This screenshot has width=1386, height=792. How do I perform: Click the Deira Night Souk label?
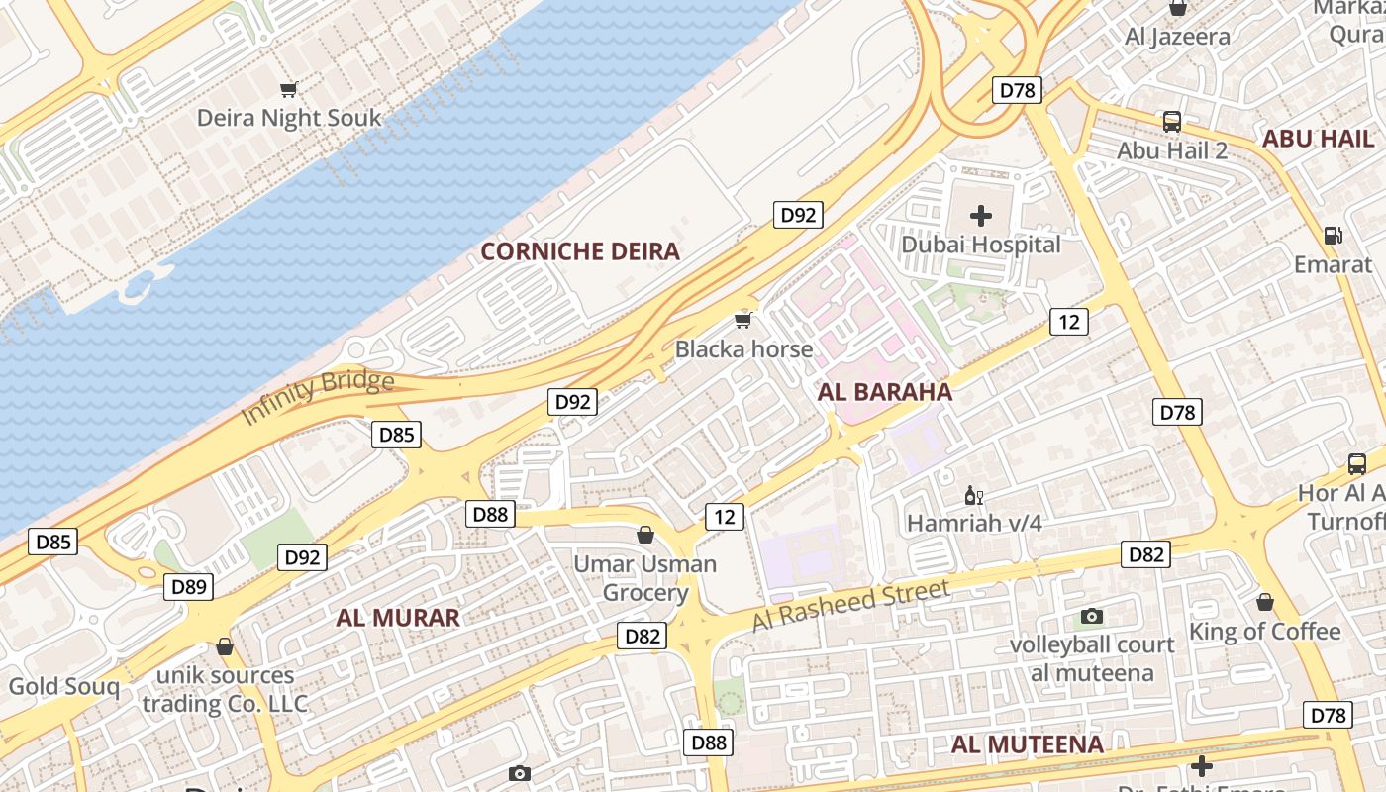pos(288,118)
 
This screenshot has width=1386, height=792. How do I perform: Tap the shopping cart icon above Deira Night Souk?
pos(289,90)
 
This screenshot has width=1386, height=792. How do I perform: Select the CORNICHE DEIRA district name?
pos(580,251)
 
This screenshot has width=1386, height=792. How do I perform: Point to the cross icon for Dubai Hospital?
pos(981,215)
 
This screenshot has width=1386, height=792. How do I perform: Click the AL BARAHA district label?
pos(885,392)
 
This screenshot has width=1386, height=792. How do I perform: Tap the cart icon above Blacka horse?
pos(743,320)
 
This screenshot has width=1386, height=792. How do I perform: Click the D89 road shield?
pos(188,587)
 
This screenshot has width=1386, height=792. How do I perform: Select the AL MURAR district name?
pos(398,618)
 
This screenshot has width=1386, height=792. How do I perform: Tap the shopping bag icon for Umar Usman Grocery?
pos(645,535)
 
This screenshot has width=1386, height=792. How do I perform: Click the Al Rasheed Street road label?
pos(851,606)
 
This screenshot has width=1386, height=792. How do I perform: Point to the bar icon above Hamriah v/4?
pos(974,495)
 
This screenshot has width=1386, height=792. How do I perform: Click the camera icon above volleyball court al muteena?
pos(1092,616)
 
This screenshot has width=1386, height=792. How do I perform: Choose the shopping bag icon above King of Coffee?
pos(1265,602)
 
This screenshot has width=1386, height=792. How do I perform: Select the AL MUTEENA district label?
pos(1027,744)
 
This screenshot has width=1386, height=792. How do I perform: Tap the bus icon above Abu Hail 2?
pos(1172,122)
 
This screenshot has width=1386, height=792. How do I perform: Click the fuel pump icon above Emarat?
pos(1334,236)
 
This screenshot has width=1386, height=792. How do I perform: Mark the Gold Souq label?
pos(63,686)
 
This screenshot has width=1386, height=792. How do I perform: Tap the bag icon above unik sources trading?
pos(225,646)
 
